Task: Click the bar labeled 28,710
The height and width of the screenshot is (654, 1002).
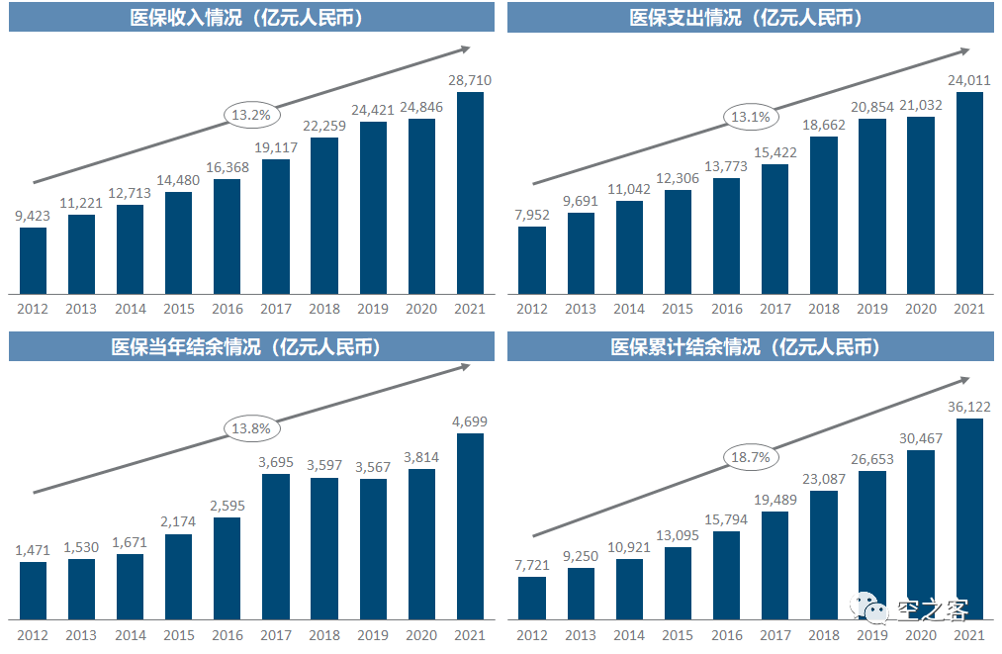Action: pos(471,193)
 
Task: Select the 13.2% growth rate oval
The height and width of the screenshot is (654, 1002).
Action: pos(251,115)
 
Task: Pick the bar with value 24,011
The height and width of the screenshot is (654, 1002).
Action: pos(969,193)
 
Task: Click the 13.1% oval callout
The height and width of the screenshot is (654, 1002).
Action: pos(751,117)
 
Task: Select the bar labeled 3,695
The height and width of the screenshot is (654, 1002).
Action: pos(276,547)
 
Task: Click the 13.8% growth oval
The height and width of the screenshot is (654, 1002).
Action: pos(251,428)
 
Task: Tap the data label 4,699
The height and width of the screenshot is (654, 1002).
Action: pos(471,421)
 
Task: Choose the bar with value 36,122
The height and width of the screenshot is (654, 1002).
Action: pos(969,519)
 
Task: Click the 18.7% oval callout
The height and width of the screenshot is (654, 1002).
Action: pos(751,456)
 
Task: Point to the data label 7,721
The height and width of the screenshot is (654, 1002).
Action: pos(532,563)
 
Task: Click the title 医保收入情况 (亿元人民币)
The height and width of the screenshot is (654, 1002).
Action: pos(251,17)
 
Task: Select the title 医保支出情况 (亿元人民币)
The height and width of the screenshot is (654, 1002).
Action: pos(751,17)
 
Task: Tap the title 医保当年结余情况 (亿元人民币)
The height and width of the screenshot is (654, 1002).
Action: pos(251,346)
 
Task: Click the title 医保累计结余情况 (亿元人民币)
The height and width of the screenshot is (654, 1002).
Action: pos(751,346)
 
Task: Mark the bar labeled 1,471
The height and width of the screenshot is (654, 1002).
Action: pos(34,591)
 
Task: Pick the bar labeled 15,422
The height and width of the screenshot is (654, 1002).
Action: pos(775,229)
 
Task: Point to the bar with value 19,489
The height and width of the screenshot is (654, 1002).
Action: pos(775,566)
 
